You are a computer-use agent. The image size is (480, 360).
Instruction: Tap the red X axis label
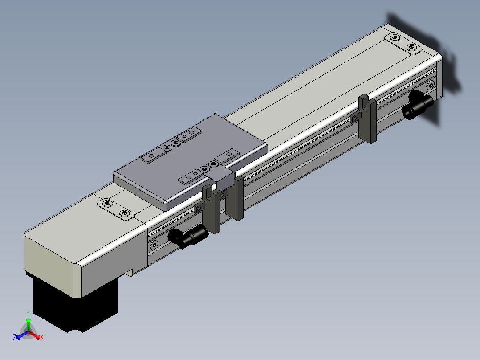42,337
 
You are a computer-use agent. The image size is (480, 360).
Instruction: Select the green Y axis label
28,313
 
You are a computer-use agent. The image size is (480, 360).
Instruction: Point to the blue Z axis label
15,337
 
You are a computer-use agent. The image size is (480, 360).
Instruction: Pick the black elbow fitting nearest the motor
187,236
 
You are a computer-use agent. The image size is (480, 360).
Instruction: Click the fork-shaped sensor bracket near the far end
368,119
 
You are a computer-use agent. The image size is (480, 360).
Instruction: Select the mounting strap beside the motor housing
116,209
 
